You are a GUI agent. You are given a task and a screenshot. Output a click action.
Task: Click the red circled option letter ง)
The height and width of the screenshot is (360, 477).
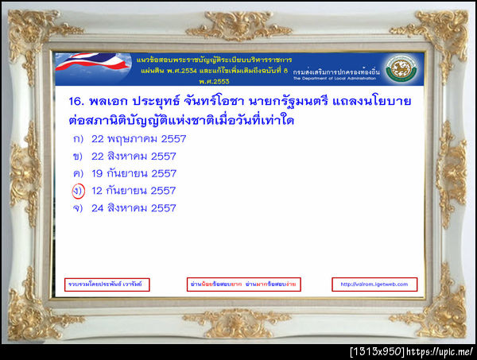tap(77, 191)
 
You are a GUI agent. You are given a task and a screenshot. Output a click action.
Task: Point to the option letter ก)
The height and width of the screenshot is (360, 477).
tap(77, 139)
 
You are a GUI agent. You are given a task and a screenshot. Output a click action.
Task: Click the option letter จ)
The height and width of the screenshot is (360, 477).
tap(77, 208)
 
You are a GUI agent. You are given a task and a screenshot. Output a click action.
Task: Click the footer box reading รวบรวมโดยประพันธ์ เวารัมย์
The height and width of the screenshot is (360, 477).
tap(108, 284)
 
